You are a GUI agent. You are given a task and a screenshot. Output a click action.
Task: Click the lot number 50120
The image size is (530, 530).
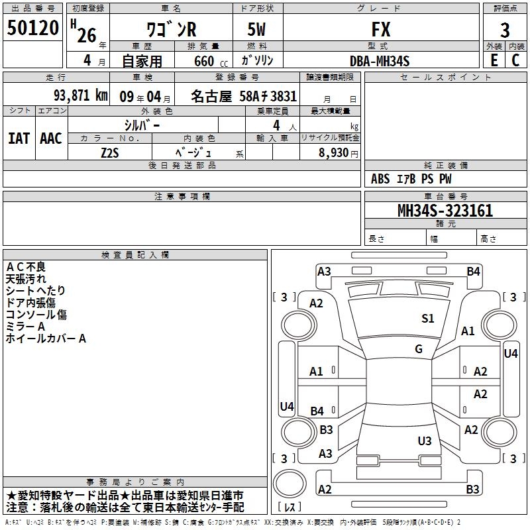pos(33,29)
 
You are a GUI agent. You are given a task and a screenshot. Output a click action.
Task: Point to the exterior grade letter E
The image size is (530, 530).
pos(494,59)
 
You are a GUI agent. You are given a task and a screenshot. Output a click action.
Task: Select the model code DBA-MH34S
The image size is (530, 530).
pos(380,60)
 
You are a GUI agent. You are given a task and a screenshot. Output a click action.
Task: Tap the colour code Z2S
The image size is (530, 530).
pos(110,152)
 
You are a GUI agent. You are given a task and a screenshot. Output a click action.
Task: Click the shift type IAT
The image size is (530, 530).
pos(19,138)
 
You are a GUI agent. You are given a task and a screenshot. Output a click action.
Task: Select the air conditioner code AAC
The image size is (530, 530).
pos(51,138)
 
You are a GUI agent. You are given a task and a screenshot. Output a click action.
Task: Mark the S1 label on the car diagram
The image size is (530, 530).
pos(428,319)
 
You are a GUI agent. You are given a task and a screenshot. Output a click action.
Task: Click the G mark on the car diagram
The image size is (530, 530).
pos(419,349)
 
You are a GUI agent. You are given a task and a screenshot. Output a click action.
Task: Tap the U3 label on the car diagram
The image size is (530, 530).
pos(425,441)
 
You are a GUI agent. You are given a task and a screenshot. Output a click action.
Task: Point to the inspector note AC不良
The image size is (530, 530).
pos(26,266)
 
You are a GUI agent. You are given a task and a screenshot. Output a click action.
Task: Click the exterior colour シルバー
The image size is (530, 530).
pos(142,125)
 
